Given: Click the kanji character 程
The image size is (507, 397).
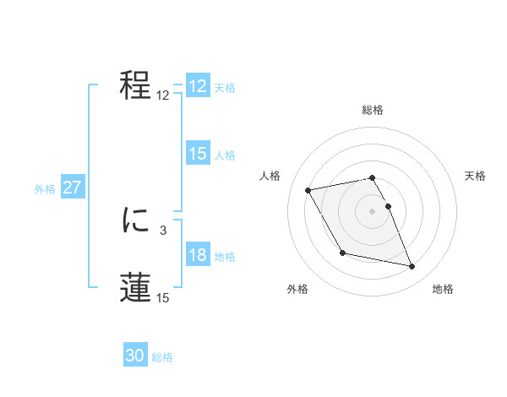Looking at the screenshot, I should point(135,85).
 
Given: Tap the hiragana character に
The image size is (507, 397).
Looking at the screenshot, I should point(135,221).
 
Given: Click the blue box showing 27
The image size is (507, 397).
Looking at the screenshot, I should point(72,188).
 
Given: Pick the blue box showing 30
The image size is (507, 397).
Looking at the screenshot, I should point(135,356).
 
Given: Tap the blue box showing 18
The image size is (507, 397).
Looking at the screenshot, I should point(198,255).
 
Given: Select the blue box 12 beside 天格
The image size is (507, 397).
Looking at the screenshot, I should point(198,86).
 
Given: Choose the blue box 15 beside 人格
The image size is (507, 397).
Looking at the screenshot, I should point(198,154).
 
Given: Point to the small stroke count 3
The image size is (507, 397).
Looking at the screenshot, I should point(162,229).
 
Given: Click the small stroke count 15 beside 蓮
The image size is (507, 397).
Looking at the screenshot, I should point(162,297).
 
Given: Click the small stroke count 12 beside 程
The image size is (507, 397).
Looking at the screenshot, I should point(162,95).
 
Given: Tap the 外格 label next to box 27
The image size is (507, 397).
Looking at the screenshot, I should point(45,189).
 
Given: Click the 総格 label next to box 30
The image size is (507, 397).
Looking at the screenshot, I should point(162,357).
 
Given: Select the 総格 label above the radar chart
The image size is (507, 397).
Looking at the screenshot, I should point(373,110).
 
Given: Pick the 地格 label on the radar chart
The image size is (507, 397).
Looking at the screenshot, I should point(443,289).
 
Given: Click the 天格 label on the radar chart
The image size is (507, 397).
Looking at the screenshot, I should point(476,176).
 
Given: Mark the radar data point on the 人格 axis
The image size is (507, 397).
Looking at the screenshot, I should point(308,190).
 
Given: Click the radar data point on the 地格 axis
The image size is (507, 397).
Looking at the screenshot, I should point(412,267).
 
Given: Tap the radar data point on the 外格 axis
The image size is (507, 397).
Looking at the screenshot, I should point(342,253).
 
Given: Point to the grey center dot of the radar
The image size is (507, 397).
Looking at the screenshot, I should point(373,211).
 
